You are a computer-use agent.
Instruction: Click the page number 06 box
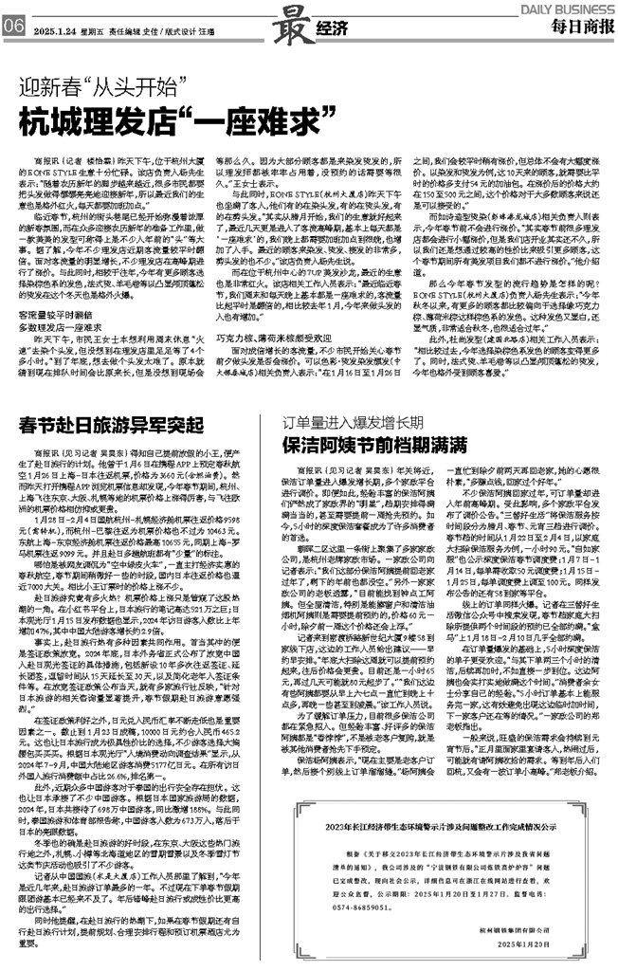point(13,29)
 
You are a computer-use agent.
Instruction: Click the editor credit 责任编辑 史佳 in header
point(135,30)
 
